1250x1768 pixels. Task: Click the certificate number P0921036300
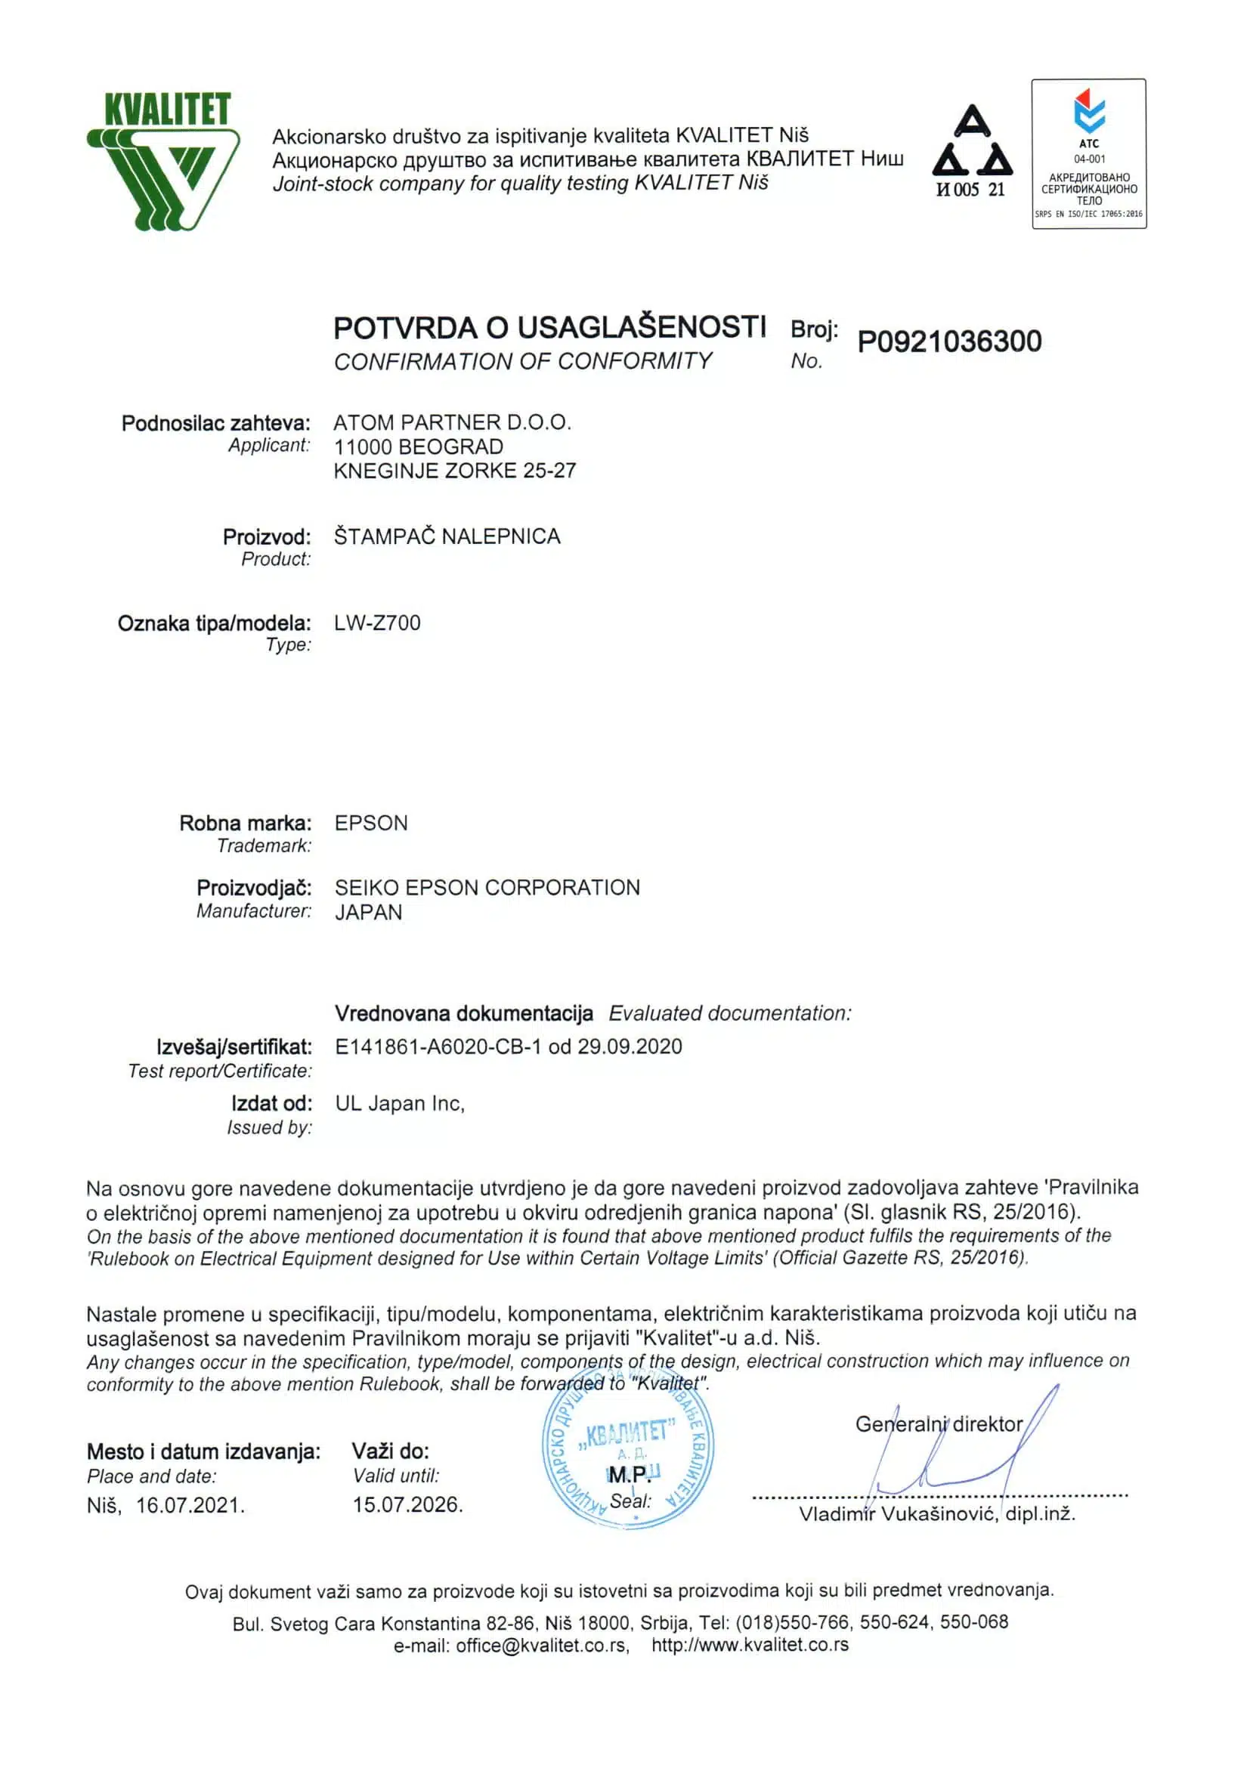[949, 341]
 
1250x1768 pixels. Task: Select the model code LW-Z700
[377, 623]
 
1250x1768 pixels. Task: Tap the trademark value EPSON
[371, 823]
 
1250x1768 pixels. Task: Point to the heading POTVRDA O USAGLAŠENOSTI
[549, 328]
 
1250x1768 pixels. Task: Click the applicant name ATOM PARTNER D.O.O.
[452, 423]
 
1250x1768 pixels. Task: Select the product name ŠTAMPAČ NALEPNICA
[447, 536]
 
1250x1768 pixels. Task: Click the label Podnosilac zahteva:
[215, 424]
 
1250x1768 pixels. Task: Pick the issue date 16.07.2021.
[190, 1505]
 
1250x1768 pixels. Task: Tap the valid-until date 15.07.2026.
[407, 1504]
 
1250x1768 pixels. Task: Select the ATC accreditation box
[1088, 154]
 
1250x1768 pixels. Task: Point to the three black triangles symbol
[972, 143]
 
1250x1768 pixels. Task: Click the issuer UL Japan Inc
[400, 1103]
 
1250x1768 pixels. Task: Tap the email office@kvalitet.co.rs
[542, 1645]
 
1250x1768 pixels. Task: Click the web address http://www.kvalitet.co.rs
[750, 1645]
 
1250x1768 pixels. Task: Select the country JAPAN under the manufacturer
[368, 913]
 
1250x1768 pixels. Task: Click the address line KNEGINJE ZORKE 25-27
[454, 471]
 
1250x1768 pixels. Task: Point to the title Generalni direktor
[939, 1424]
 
